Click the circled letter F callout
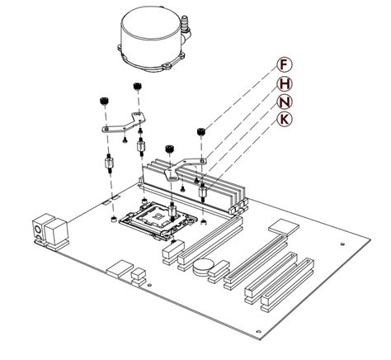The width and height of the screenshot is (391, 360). click(283, 64)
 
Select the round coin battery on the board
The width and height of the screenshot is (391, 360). click(203, 267)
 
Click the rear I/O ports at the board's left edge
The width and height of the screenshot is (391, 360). click(47, 232)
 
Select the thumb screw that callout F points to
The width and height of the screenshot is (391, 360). click(200, 130)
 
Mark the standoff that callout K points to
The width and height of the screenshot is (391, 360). click(203, 195)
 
